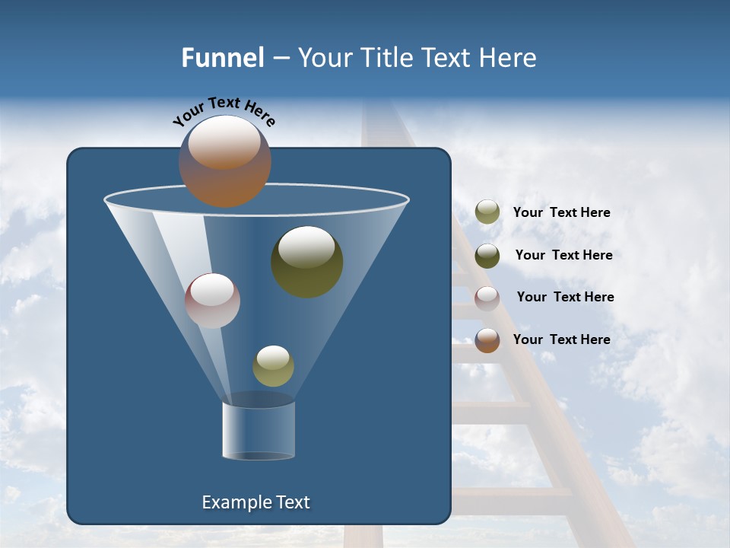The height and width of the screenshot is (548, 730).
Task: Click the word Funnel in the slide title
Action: tap(223, 58)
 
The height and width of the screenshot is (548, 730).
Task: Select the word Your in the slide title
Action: tap(323, 58)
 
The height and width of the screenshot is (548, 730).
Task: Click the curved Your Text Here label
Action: tap(224, 110)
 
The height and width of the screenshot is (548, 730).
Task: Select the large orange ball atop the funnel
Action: tap(225, 161)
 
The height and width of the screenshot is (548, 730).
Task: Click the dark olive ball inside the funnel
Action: tap(307, 261)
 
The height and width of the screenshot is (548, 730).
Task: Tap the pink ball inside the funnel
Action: tap(212, 301)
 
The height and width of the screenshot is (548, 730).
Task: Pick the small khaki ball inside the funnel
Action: tap(273, 366)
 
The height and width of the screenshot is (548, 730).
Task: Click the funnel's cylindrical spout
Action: tap(259, 430)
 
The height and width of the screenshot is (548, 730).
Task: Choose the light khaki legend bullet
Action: tap(487, 212)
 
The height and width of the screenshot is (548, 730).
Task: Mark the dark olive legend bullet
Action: tap(487, 256)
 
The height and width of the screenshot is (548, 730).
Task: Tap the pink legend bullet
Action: tap(487, 298)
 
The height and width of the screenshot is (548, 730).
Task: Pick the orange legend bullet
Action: tap(487, 340)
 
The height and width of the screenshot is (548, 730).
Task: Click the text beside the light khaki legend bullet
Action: tap(561, 213)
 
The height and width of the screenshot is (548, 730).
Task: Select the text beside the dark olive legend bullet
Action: tap(563, 256)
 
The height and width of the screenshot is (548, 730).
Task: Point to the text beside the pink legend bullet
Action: tap(565, 298)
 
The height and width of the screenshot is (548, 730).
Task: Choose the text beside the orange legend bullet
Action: tap(561, 340)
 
